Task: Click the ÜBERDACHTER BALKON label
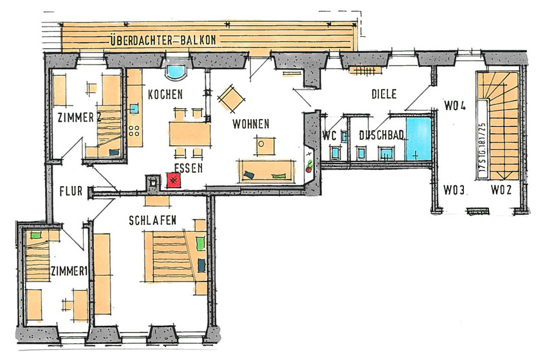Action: (x=163, y=40)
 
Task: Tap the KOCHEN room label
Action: (x=165, y=94)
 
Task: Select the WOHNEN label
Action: (x=251, y=124)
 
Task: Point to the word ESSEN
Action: (x=189, y=168)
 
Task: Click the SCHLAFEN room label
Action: (x=153, y=220)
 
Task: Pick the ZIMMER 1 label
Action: (x=69, y=271)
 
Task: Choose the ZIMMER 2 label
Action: (x=80, y=118)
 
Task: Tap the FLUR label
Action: (x=71, y=191)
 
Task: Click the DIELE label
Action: (x=384, y=94)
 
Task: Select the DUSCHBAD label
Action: (x=382, y=135)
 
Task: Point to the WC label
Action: (x=329, y=135)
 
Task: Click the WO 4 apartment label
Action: (x=455, y=106)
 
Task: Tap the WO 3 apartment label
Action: (x=454, y=190)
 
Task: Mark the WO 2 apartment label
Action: (x=501, y=190)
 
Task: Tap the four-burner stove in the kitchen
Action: (x=134, y=130)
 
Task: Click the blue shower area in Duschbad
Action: (x=419, y=139)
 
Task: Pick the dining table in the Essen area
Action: (x=190, y=133)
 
